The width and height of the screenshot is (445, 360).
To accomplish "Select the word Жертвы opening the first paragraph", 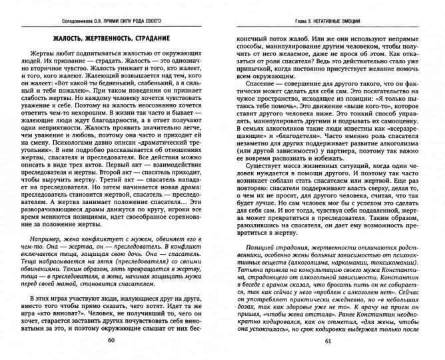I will click(x=37, y=53).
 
